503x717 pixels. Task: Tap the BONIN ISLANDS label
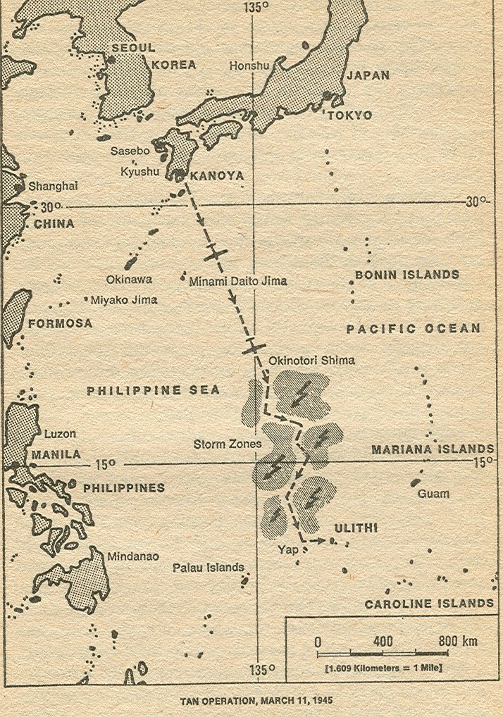click(x=406, y=275)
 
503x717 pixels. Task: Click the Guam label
click(x=433, y=494)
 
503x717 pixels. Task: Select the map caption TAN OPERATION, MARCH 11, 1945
click(x=251, y=702)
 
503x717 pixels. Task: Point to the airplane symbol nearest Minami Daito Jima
click(x=217, y=254)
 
